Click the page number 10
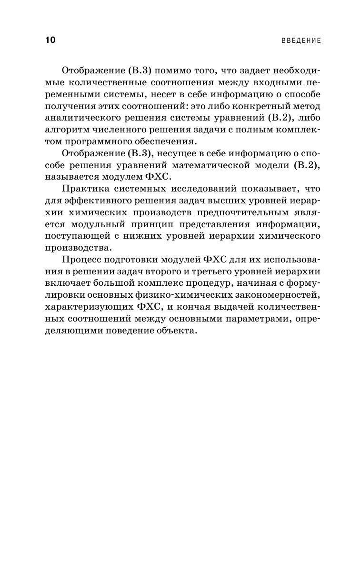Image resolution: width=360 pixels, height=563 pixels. (x=50, y=40)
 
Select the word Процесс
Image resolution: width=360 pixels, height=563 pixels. (x=80, y=260)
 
